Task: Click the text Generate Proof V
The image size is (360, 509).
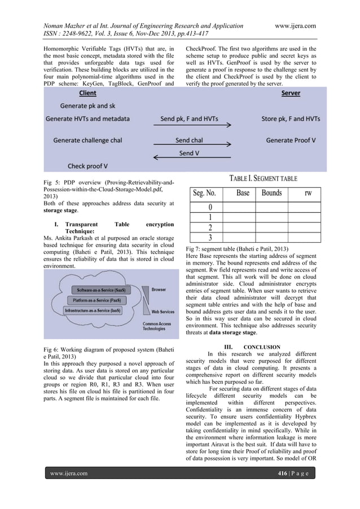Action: point(291,139)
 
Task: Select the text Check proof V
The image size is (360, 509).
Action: point(87,166)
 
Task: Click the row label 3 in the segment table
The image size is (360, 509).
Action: point(210,237)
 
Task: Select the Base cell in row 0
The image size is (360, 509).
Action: point(243,207)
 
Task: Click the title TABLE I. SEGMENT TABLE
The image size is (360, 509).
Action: point(263,178)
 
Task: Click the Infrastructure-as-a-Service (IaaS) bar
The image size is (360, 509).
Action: point(91,311)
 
